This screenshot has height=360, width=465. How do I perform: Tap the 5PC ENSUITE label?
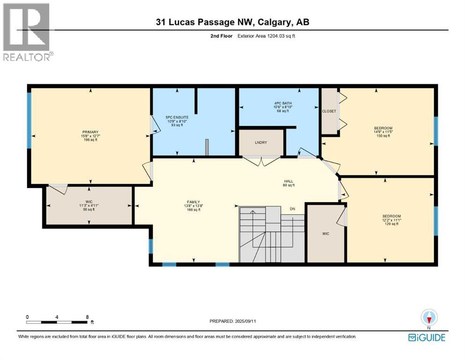[177, 117]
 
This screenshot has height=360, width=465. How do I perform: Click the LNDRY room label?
[261, 142]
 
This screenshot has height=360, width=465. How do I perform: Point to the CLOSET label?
[329, 111]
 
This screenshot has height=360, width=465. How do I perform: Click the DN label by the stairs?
[293, 209]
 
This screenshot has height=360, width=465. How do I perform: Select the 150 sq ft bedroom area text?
[383, 136]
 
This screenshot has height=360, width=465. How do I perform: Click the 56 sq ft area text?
[89, 210]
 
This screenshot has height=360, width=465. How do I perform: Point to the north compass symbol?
[428, 317]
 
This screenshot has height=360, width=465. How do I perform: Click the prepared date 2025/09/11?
[233, 321]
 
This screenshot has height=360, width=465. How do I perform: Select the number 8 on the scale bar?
[88, 317]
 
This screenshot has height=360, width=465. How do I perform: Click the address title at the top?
[232, 22]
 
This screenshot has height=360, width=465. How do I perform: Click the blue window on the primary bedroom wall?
[29, 120]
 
